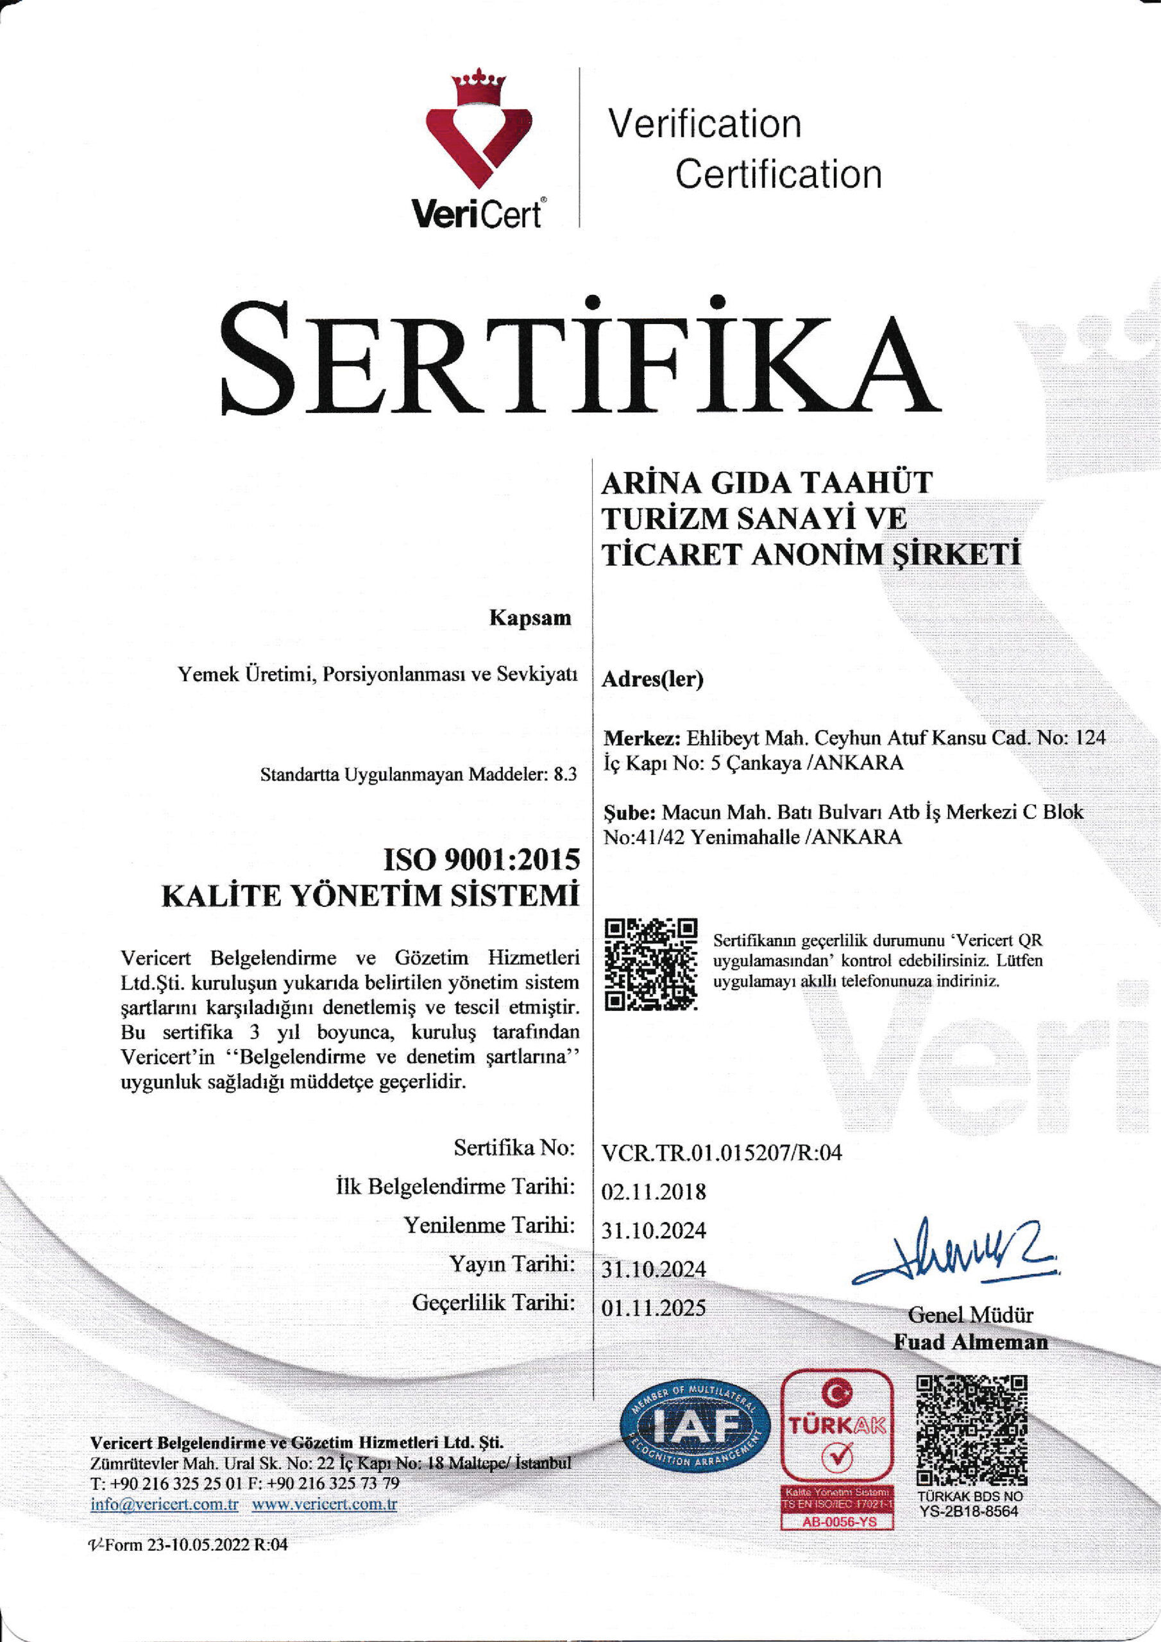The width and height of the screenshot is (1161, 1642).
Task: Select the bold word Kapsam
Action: tap(530, 618)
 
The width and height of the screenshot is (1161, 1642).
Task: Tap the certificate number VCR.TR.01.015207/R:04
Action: tap(721, 1152)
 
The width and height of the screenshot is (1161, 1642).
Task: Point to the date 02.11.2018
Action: tap(653, 1192)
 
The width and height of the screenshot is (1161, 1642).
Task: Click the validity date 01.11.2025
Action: tap(653, 1308)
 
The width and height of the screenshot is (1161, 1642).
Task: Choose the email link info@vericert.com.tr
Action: tap(165, 1504)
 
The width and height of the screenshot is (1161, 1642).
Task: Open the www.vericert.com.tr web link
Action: tap(324, 1504)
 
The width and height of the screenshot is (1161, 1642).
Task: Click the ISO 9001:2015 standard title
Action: tap(482, 859)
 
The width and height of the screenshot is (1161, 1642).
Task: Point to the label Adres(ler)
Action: tap(652, 679)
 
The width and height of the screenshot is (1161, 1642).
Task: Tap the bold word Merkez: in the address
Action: tap(641, 738)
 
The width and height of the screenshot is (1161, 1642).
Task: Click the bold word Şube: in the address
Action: tap(629, 813)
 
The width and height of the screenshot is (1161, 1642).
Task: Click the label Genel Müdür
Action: tap(970, 1314)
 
